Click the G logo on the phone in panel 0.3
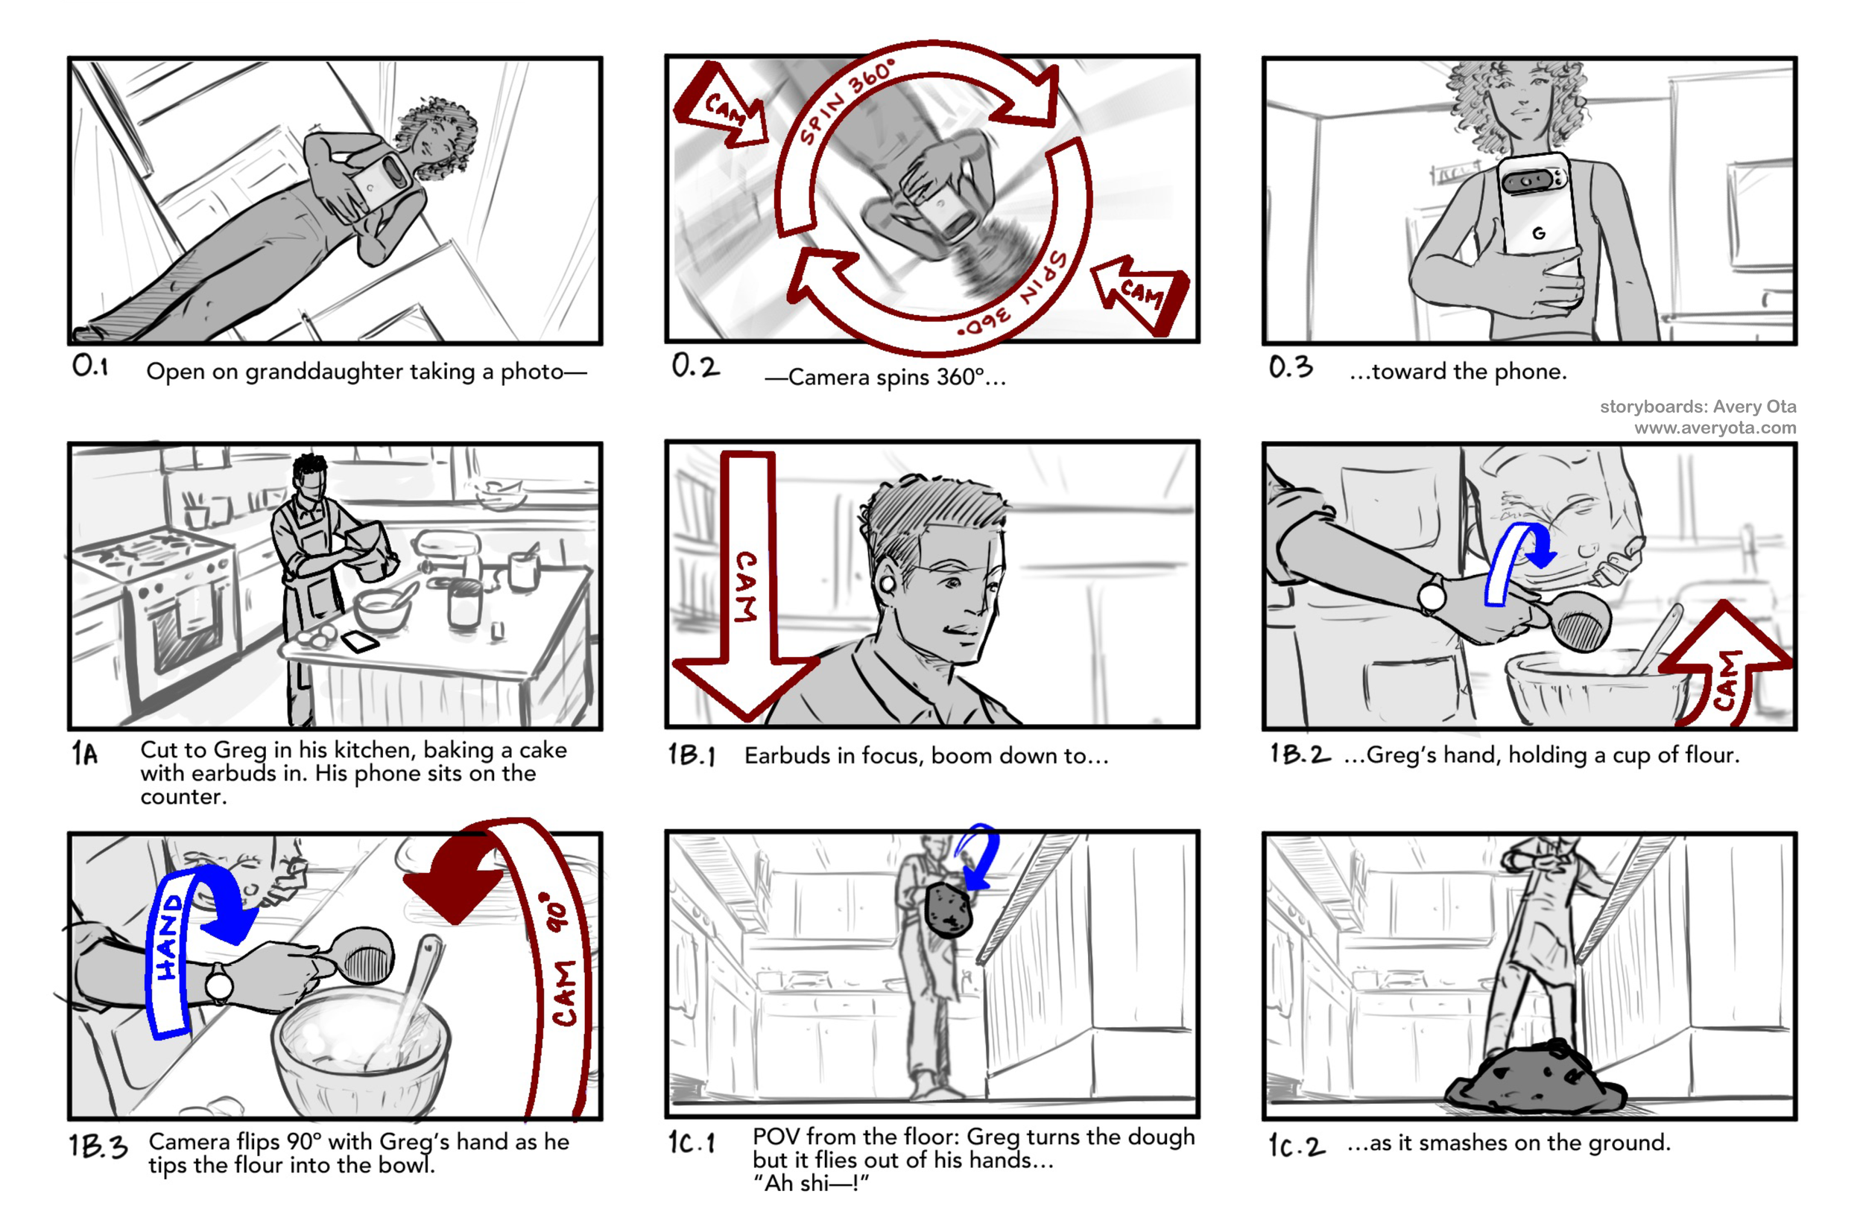tap(1538, 233)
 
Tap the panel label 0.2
tap(695, 366)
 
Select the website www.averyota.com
tap(1715, 428)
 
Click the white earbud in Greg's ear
tap(888, 585)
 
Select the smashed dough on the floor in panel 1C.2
tap(1535, 1078)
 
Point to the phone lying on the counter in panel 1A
tap(361, 642)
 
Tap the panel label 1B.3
tap(98, 1146)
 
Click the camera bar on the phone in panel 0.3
tap(1531, 181)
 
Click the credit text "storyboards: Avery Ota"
tap(1698, 407)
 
